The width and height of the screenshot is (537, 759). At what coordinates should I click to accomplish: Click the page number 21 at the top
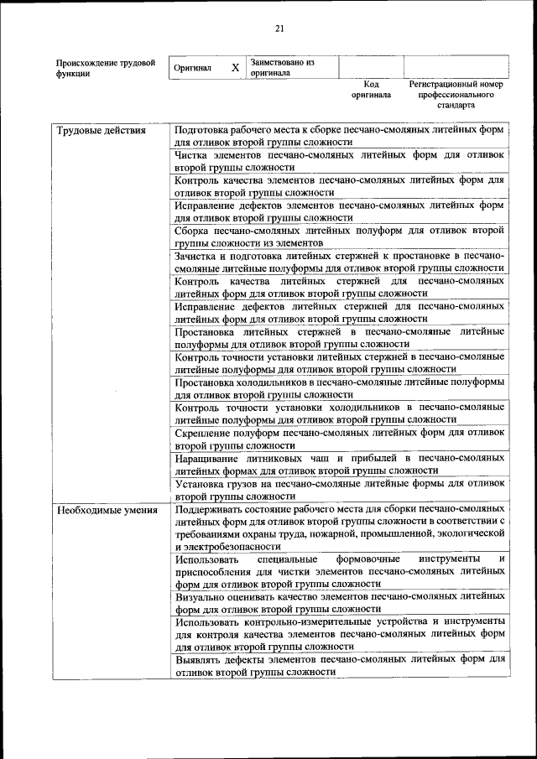280,29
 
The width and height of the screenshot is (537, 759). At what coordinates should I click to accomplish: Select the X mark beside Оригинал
236,68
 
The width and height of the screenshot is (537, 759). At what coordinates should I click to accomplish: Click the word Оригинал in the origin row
192,68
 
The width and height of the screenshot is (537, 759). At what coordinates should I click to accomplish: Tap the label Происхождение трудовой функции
105,68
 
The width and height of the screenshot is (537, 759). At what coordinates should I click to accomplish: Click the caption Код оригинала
371,90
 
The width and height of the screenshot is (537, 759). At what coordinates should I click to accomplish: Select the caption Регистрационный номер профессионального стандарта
456,96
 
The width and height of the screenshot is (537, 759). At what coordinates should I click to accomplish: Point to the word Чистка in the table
192,156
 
